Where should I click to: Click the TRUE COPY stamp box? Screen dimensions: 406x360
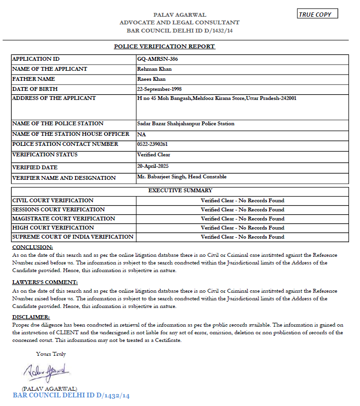[317, 14]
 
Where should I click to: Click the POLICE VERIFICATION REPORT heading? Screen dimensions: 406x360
[164, 46]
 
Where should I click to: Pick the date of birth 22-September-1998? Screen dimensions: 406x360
[159, 89]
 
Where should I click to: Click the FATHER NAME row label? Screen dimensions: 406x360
[33, 79]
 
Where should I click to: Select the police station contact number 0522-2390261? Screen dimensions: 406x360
[152, 144]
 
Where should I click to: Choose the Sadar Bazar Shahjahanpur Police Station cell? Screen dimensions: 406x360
[185, 124]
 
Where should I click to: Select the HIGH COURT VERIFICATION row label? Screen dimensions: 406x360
[53, 228]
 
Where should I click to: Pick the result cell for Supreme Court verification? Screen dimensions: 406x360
[242, 237]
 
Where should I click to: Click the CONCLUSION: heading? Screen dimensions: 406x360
[33, 247]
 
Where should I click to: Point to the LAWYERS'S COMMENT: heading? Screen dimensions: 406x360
[45, 282]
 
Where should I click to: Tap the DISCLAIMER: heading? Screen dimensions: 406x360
[31, 317]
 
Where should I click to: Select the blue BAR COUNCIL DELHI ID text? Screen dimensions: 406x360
[71, 396]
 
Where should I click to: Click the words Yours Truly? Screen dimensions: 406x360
[51, 354]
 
